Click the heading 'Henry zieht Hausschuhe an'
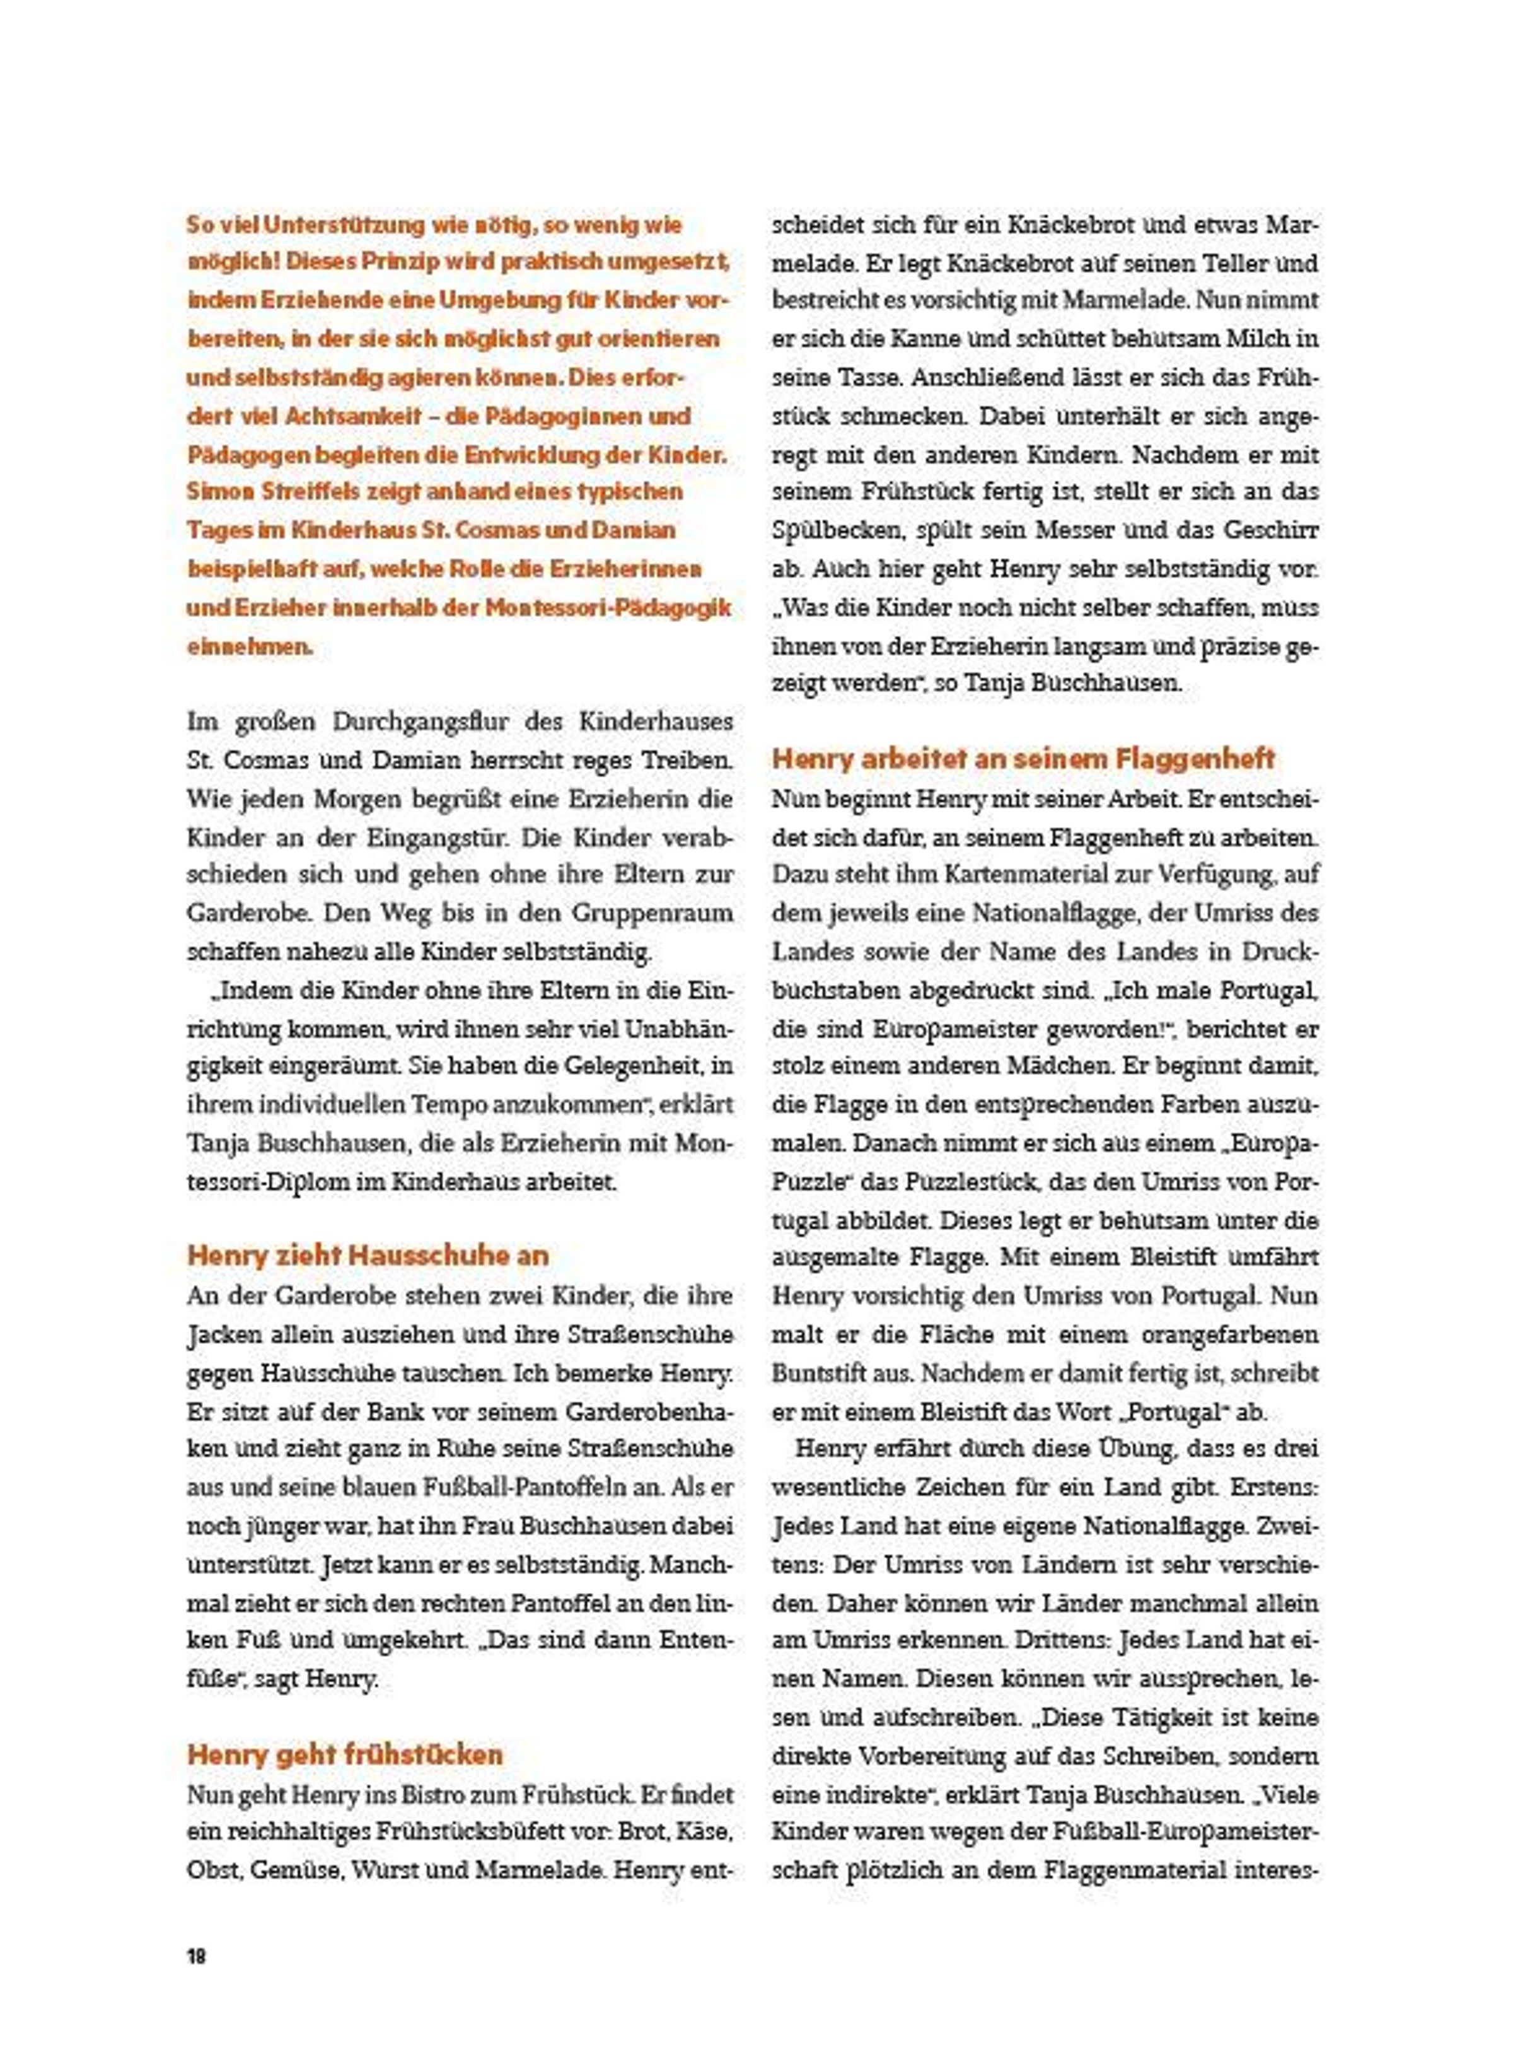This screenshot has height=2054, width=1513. point(368,1255)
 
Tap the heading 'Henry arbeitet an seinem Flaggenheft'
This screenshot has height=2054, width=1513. point(1023,759)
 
